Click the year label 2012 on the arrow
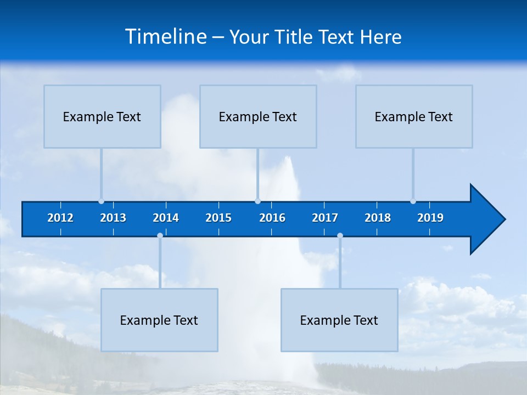point(60,218)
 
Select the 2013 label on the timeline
point(113,218)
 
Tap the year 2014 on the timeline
point(166,218)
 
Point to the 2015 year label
point(218,218)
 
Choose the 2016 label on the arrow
point(272,218)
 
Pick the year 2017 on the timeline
point(325,218)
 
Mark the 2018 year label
point(378,218)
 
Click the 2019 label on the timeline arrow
point(430,218)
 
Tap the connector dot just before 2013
point(102,201)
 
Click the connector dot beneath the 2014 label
point(160,236)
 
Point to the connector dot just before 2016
point(257,201)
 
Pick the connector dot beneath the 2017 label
point(340,236)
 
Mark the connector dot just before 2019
point(413,201)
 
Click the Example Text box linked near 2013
point(102,116)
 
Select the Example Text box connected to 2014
point(159,320)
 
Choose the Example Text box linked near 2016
point(258,116)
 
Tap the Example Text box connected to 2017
point(339,320)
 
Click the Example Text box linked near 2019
point(414,116)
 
